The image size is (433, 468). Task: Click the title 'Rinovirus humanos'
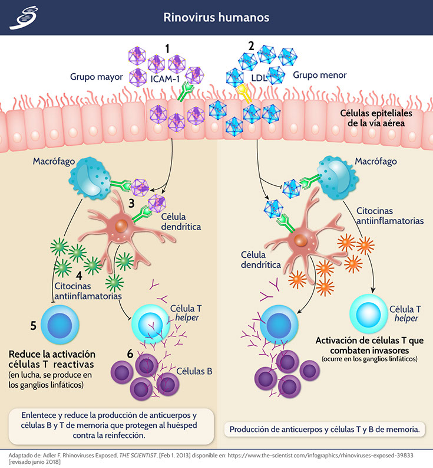tap(216, 18)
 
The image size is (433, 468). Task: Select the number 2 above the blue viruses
tap(252, 46)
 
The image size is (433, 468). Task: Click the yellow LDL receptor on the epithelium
tap(243, 91)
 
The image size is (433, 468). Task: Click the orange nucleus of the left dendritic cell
tap(120, 226)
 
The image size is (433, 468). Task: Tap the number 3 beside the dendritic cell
tap(131, 204)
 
